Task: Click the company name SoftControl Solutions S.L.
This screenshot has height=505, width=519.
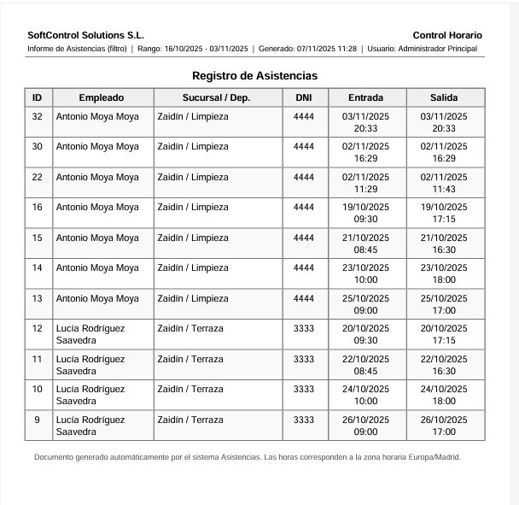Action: click(85, 35)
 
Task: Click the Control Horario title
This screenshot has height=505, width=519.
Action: click(446, 35)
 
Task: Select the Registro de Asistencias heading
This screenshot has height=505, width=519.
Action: click(254, 76)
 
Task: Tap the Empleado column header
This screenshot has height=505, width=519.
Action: click(102, 97)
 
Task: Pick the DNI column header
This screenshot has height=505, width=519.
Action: click(303, 97)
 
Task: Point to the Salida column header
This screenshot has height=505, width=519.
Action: click(444, 97)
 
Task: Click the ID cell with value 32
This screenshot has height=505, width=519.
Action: click(37, 116)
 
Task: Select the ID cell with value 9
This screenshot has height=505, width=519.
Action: click(37, 420)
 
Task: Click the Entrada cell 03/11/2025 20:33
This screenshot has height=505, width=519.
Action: click(365, 122)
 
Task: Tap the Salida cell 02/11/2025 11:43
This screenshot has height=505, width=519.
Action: click(444, 183)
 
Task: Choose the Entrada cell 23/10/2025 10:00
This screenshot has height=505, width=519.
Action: click(365, 273)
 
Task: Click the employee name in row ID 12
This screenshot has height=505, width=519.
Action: click(90, 334)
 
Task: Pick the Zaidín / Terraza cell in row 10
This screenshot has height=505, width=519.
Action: click(190, 390)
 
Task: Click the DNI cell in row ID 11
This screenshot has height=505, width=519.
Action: click(303, 359)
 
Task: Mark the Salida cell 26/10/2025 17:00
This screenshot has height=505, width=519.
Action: click(444, 426)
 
